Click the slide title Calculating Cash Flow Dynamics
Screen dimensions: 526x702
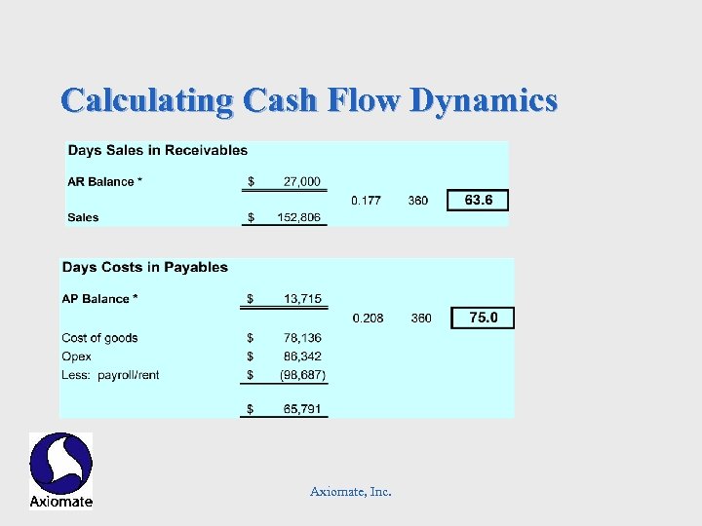(x=309, y=100)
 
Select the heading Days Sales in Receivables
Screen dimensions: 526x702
(x=157, y=150)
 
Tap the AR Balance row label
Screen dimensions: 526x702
(x=102, y=181)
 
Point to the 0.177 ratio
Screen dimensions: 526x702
(x=366, y=201)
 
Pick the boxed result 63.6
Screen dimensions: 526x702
(x=478, y=201)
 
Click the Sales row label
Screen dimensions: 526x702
(x=83, y=217)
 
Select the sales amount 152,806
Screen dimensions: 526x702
(x=299, y=217)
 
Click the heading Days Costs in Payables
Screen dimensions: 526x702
(x=144, y=267)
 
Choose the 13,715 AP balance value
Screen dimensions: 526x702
(x=302, y=298)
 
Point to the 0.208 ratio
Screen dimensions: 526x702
(x=368, y=318)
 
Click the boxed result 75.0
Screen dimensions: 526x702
(x=483, y=318)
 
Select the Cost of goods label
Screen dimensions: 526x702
(x=99, y=338)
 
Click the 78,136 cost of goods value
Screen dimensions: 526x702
(x=302, y=338)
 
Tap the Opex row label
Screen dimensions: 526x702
(x=76, y=357)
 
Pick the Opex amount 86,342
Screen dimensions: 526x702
(x=302, y=357)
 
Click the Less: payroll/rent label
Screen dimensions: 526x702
(x=110, y=375)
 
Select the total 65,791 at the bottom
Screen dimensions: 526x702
(x=302, y=409)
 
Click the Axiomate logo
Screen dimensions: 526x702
(x=60, y=470)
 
